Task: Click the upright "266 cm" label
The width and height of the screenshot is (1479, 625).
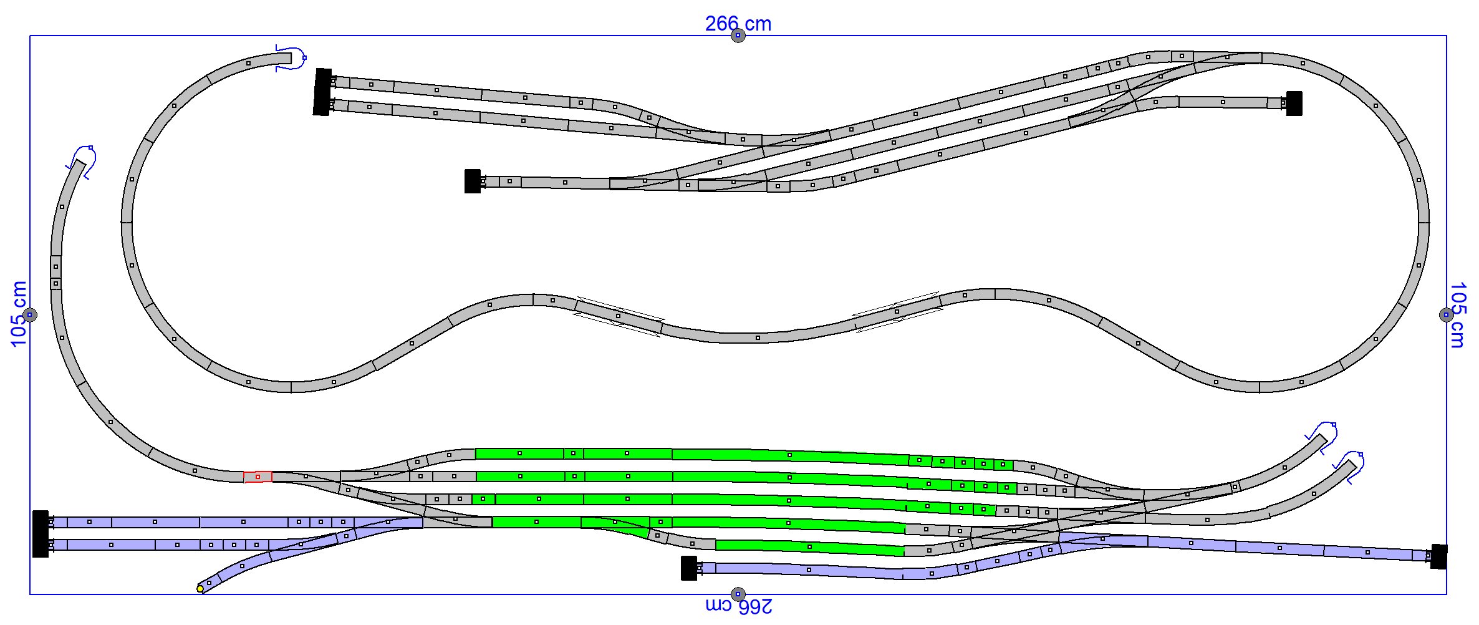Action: point(738,24)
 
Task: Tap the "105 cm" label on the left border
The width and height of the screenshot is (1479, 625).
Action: point(19,314)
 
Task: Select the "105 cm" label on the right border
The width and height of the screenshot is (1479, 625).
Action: point(1457,315)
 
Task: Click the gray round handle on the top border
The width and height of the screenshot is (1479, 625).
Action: point(738,36)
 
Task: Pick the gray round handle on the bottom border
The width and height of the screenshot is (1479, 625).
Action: point(738,594)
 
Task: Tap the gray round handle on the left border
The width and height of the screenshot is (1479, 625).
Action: point(30,315)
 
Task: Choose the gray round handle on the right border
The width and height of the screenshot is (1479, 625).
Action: point(1447,315)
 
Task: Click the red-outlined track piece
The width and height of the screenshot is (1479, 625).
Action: point(258,477)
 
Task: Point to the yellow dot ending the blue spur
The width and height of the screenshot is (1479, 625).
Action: point(200,589)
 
